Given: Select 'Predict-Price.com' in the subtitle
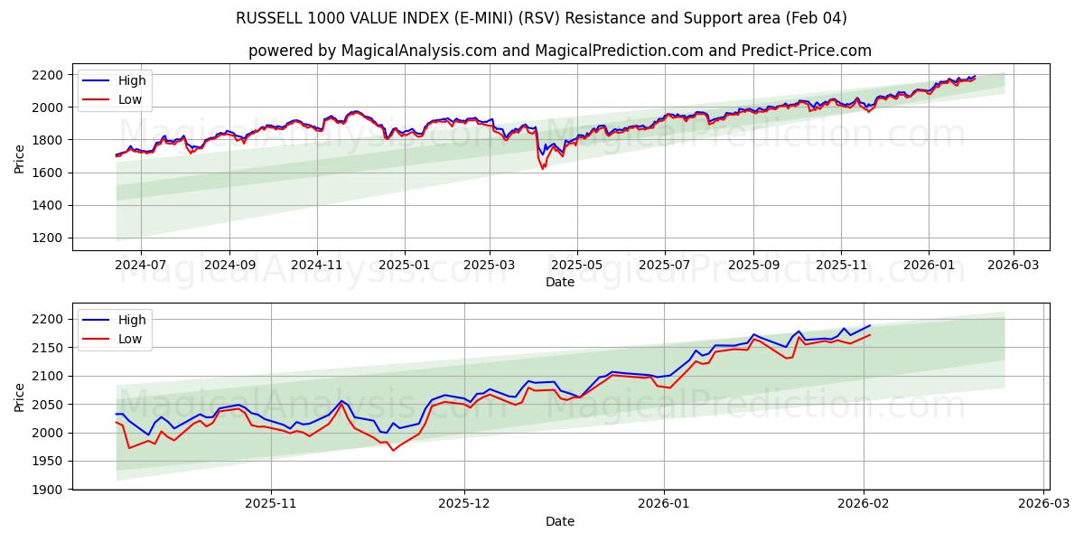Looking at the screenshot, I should coord(806,51).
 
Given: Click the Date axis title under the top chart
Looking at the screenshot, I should coord(560,282).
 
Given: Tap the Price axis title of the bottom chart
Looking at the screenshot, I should coord(20,397).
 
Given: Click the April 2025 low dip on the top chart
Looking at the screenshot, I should coord(543,169).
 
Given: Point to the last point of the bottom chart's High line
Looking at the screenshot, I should coord(870,325).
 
